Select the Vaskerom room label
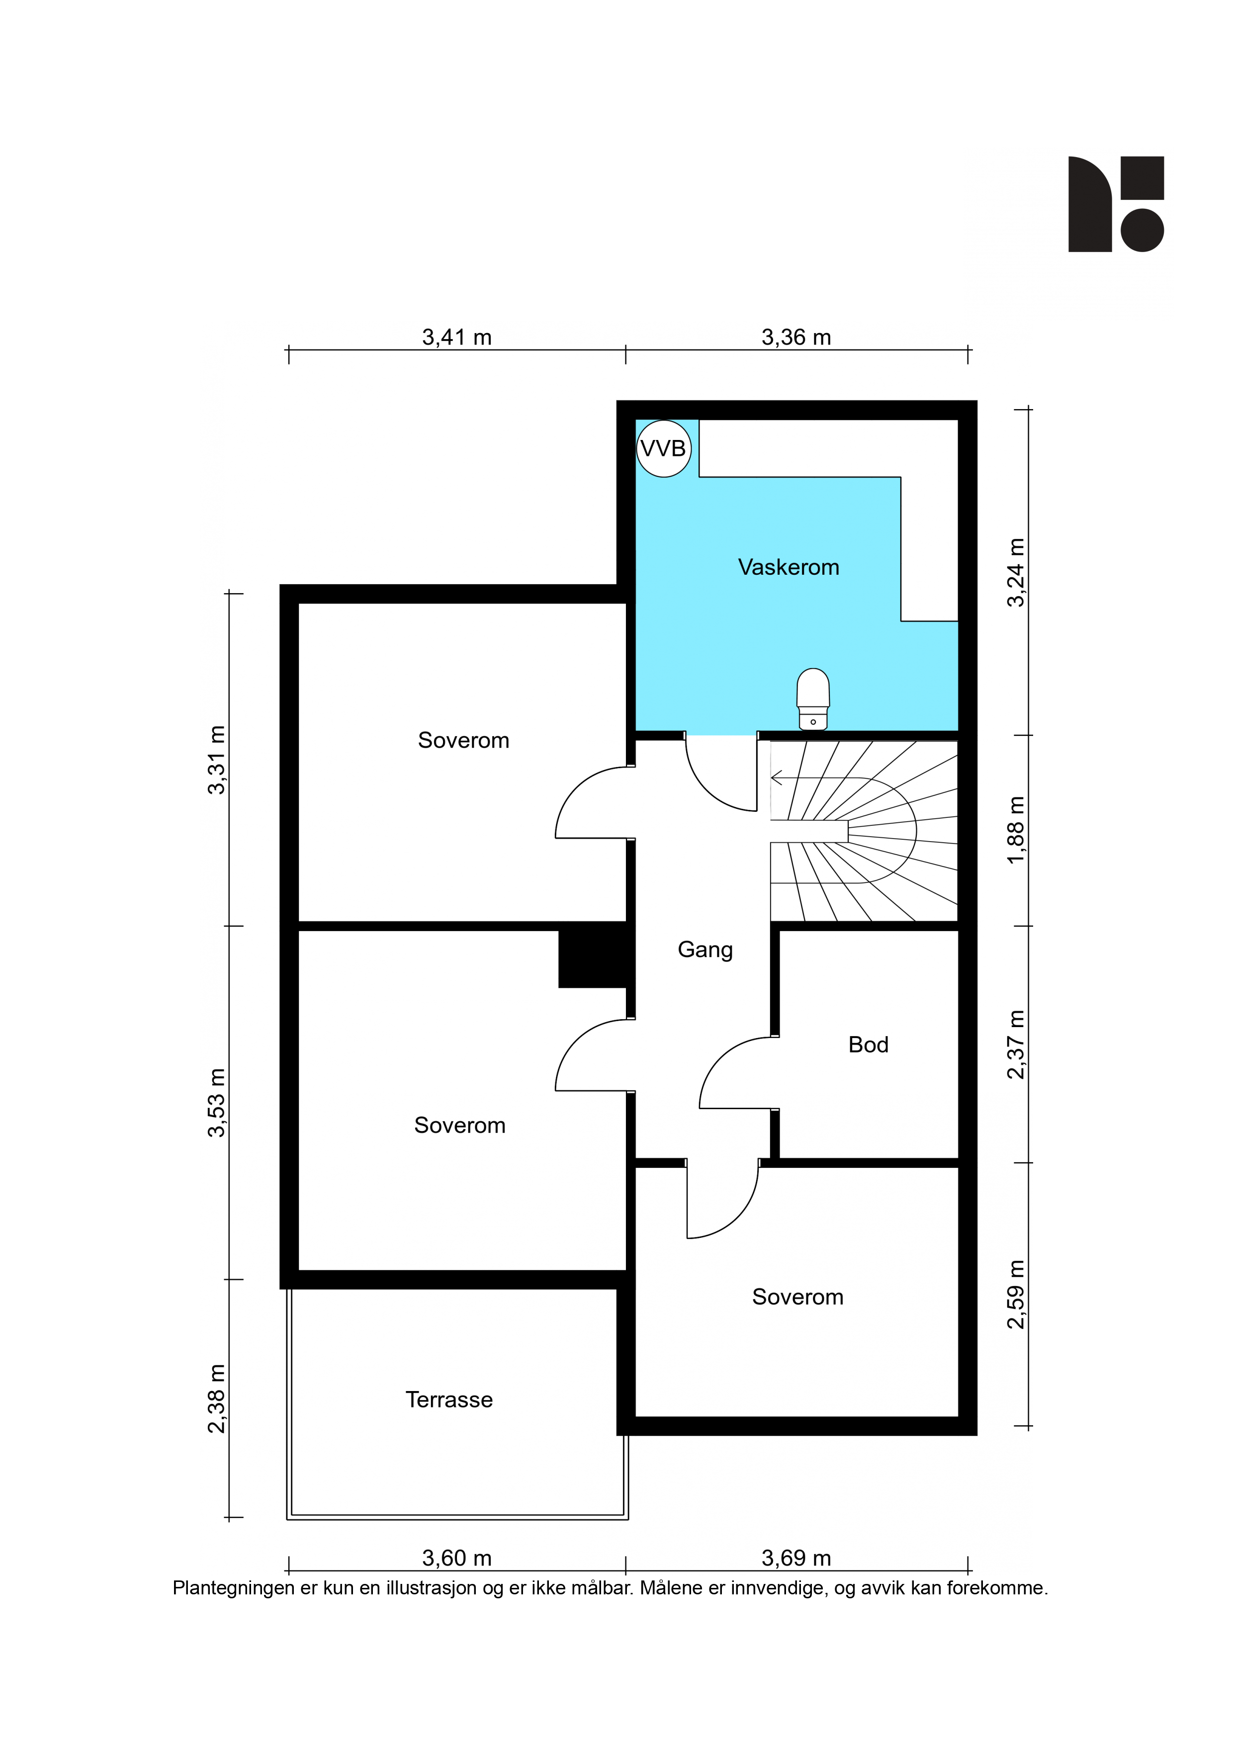[x=789, y=567]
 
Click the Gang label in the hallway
[x=705, y=950]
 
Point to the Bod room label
[x=869, y=1045]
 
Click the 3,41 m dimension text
[x=456, y=337]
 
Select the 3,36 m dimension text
[x=796, y=337]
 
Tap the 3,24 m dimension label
[x=1016, y=573]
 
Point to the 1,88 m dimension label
[x=1016, y=830]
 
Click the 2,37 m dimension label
[x=1016, y=1045]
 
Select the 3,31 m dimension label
[x=216, y=760]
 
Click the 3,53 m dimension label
[x=216, y=1103]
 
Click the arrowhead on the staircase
[x=777, y=778]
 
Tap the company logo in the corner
[x=1116, y=204]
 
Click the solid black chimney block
[x=593, y=957]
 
